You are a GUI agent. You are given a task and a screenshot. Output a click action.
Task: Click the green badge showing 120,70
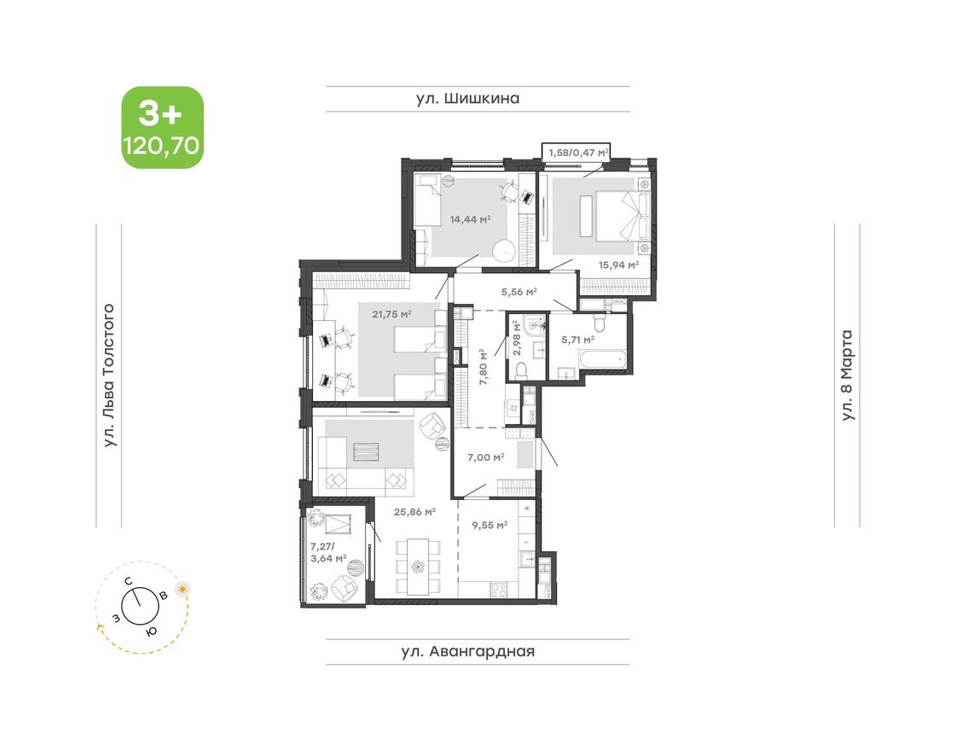[x=162, y=127]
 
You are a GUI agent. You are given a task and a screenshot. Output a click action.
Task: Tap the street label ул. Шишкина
[x=467, y=99]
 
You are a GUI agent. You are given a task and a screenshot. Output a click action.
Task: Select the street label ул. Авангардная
[x=468, y=652]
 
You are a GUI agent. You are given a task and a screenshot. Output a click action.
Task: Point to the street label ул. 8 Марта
[x=847, y=375]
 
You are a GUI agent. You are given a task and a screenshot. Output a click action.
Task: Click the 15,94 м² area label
[x=619, y=265]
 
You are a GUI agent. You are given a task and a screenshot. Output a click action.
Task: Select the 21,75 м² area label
[x=391, y=314]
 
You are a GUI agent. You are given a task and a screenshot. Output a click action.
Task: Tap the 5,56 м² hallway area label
[x=518, y=292]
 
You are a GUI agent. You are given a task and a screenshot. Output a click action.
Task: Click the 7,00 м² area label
[x=485, y=457]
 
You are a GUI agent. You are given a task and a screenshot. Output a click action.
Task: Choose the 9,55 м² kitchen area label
[x=489, y=526]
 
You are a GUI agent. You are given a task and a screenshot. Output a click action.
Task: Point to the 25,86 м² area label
[x=414, y=512]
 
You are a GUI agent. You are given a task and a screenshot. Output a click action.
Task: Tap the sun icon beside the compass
[x=182, y=589]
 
